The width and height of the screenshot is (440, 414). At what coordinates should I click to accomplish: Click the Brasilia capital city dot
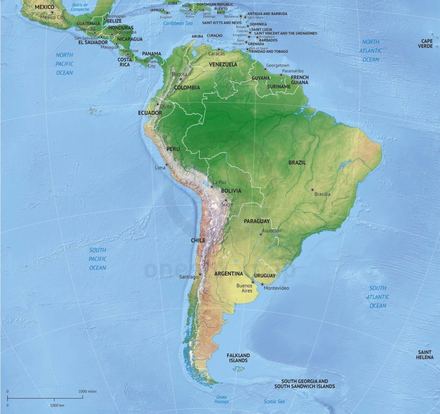pyautogui.click(x=312, y=189)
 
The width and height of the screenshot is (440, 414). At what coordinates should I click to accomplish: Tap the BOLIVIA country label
pyautogui.click(x=231, y=191)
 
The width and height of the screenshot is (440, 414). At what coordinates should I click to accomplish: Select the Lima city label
pyautogui.click(x=160, y=168)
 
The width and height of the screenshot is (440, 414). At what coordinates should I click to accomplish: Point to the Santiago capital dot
pyautogui.click(x=200, y=274)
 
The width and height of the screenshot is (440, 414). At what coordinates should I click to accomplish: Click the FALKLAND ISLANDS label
pyautogui.click(x=238, y=358)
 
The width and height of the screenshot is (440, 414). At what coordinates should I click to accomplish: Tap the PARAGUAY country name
pyautogui.click(x=257, y=221)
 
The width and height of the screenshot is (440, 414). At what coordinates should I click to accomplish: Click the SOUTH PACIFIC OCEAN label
pyautogui.click(x=98, y=259)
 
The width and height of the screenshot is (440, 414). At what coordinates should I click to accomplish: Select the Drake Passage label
pyautogui.click(x=222, y=400)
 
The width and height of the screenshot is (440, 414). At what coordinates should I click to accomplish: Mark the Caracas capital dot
pyautogui.click(x=219, y=49)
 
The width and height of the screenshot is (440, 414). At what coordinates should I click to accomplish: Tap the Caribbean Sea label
pyautogui.click(x=178, y=24)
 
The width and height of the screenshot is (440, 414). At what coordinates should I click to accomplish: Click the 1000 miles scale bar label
pyautogui.click(x=87, y=391)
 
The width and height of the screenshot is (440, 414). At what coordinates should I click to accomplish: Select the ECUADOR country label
pyautogui.click(x=150, y=113)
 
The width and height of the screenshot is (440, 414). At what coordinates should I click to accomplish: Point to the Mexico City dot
pyautogui.click(x=52, y=12)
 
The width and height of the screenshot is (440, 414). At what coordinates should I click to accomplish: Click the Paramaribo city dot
pyautogui.click(x=281, y=75)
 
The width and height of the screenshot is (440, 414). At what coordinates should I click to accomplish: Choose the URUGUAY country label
pyautogui.click(x=265, y=276)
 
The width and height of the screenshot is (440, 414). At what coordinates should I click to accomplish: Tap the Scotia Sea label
pyautogui.click(x=274, y=401)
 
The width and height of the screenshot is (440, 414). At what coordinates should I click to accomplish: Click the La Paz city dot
pyautogui.click(x=212, y=186)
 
